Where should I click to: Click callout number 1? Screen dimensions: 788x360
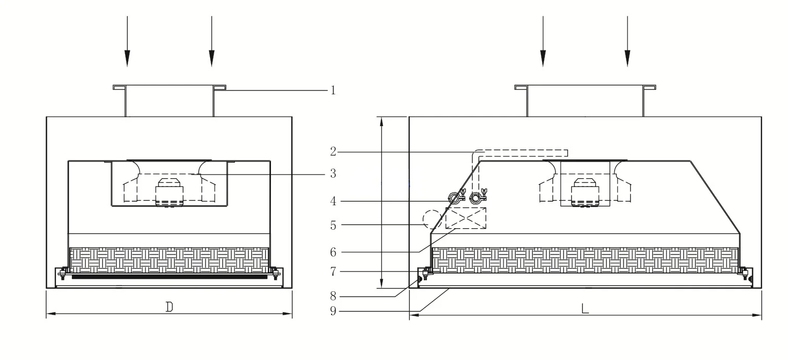[x=333, y=91]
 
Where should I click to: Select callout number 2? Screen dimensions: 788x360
[x=333, y=152]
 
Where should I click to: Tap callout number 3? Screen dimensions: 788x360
[x=333, y=173]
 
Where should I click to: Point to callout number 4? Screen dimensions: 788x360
[x=333, y=202]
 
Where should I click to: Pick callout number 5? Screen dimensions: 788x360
[x=333, y=226]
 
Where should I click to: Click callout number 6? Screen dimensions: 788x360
[x=333, y=252]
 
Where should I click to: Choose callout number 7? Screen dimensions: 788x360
[x=333, y=272]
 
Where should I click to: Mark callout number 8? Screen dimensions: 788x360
[x=333, y=296]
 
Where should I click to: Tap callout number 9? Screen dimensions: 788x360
[x=333, y=311]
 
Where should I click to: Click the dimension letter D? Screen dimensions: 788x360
[x=169, y=307]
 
